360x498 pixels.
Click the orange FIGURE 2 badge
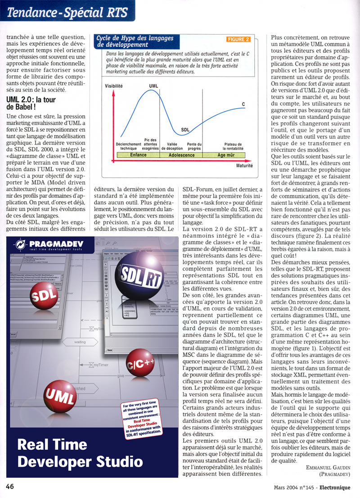238,39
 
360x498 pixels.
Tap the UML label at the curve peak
153,86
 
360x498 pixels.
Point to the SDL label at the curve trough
185,130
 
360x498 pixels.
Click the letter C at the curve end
243,104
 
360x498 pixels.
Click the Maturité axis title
244,166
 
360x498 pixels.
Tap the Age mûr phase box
226,155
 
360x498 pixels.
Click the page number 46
11,487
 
